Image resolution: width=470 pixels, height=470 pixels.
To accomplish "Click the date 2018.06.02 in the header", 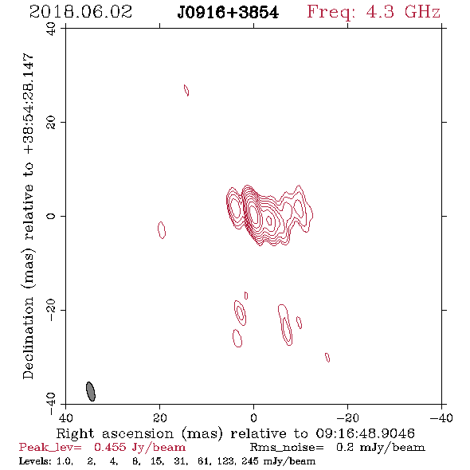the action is click(81, 12).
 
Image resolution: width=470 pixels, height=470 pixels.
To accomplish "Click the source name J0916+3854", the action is click(228, 13).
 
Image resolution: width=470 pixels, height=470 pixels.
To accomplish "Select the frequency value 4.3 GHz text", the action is click(403, 12).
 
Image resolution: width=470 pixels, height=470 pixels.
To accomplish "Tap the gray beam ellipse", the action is click(91, 391).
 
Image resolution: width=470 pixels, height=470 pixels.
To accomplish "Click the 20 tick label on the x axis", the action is click(160, 417).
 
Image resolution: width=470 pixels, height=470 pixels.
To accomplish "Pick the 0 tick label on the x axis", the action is click(253, 417).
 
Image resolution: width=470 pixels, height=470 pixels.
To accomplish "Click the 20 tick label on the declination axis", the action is click(51, 123).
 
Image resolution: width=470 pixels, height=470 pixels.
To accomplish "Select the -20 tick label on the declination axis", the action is click(51, 310).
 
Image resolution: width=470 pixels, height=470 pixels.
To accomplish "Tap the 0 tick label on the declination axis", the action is click(51, 216).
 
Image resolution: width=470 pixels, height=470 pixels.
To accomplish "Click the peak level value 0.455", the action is click(110, 447).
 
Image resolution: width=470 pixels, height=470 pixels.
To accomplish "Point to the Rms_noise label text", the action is click(287, 448).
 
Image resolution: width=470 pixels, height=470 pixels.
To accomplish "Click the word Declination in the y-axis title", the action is click(28, 338).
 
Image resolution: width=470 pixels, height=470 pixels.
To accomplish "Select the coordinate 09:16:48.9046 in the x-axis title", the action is click(365, 433).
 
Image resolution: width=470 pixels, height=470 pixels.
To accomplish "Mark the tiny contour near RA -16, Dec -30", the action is click(327, 358).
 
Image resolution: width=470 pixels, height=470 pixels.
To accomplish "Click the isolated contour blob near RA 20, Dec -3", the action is click(162, 230).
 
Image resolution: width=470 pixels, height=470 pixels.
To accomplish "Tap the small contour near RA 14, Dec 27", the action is click(186, 90).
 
